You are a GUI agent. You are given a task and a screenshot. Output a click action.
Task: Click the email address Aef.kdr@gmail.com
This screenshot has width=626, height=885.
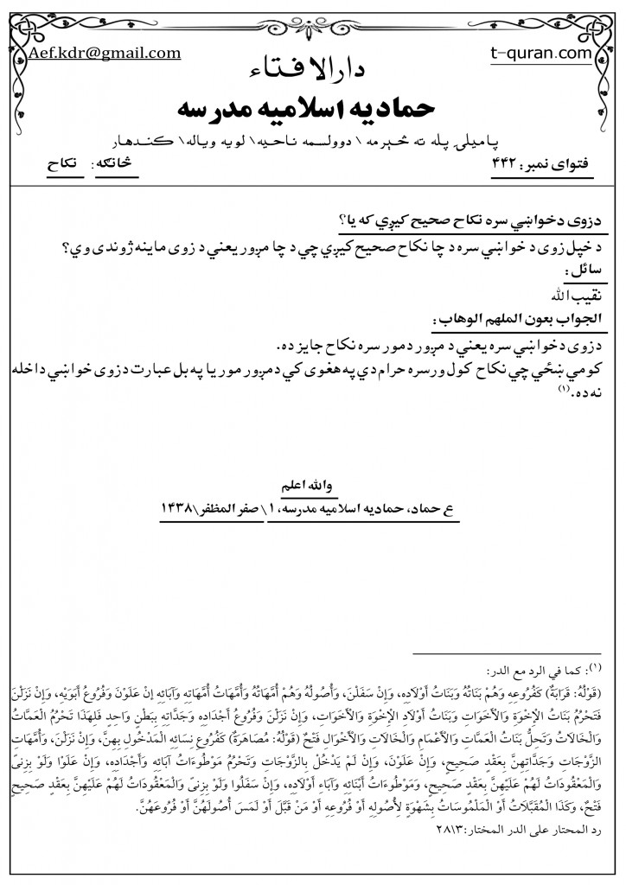pos(105,53)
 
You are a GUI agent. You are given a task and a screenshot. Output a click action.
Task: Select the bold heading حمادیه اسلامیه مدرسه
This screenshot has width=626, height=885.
pos(313,108)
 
